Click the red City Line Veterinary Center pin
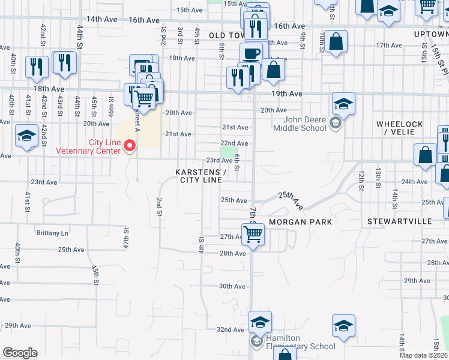(x=129, y=145)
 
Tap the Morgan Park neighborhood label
(x=300, y=221)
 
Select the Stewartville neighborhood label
(x=400, y=221)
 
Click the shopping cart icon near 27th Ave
(x=253, y=235)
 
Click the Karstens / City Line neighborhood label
(x=200, y=176)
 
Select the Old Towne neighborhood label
(x=226, y=36)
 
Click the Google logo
(x=20, y=353)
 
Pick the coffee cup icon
(x=251, y=53)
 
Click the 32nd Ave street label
(x=231, y=329)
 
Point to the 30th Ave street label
(x=232, y=286)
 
